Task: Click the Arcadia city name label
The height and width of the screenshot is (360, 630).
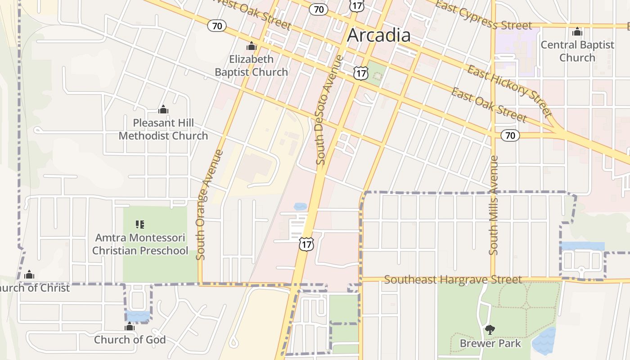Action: pyautogui.click(x=378, y=36)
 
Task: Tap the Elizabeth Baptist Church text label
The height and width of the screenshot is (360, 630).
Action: pyautogui.click(x=251, y=66)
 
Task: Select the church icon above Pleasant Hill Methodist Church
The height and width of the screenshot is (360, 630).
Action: pyautogui.click(x=163, y=109)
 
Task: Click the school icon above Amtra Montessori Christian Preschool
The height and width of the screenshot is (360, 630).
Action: pyautogui.click(x=140, y=224)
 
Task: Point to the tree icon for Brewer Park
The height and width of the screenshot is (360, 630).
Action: pyautogui.click(x=490, y=330)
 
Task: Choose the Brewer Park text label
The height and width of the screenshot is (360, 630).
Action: pyautogui.click(x=490, y=343)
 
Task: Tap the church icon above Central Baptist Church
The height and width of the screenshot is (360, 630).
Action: pyautogui.click(x=577, y=32)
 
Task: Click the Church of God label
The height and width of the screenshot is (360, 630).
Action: pyautogui.click(x=130, y=340)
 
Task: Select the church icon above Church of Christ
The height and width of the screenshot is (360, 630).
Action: pyautogui.click(x=29, y=274)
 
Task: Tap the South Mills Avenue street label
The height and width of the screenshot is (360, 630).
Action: pyautogui.click(x=494, y=205)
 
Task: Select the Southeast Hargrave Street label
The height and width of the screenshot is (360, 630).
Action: pyautogui.click(x=453, y=279)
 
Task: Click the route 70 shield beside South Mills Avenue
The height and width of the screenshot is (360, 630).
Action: pyautogui.click(x=510, y=135)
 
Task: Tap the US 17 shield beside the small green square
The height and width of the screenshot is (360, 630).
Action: pyautogui.click(x=360, y=73)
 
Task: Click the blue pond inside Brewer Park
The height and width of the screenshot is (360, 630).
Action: pyautogui.click(x=544, y=341)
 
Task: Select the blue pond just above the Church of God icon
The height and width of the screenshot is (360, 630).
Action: pyautogui.click(x=138, y=316)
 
